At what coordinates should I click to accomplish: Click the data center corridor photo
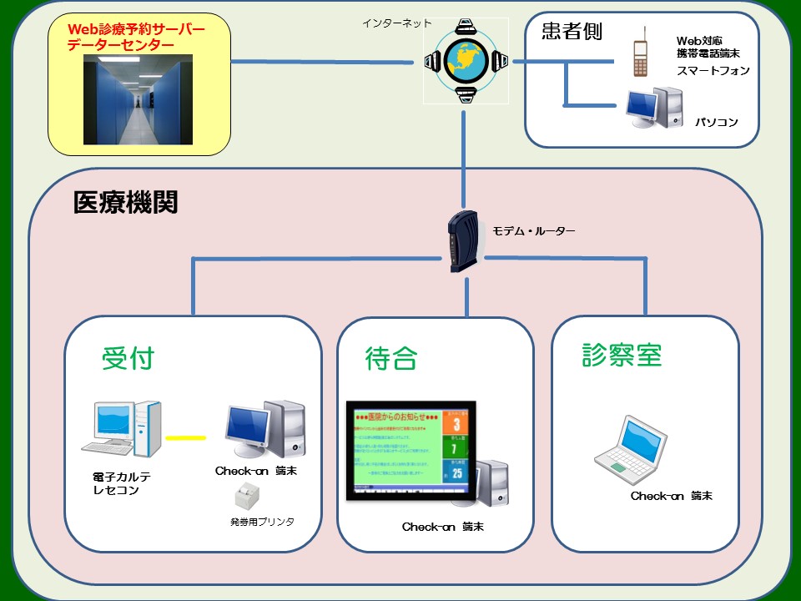coord(138,99)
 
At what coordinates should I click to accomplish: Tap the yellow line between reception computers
coord(185,437)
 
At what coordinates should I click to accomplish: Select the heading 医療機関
coord(125,203)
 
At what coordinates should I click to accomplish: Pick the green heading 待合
coord(390,358)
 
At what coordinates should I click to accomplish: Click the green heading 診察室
coord(622,355)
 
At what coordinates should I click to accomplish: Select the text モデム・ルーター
coord(534,231)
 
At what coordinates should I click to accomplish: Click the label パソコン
coord(717,123)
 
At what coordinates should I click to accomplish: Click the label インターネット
coord(397,23)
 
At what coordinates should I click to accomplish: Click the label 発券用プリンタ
coord(262,522)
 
